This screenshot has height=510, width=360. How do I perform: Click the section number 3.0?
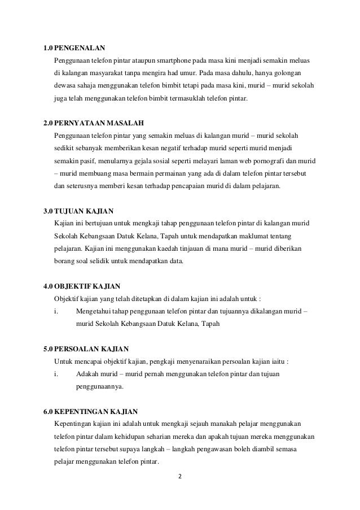point(49,212)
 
